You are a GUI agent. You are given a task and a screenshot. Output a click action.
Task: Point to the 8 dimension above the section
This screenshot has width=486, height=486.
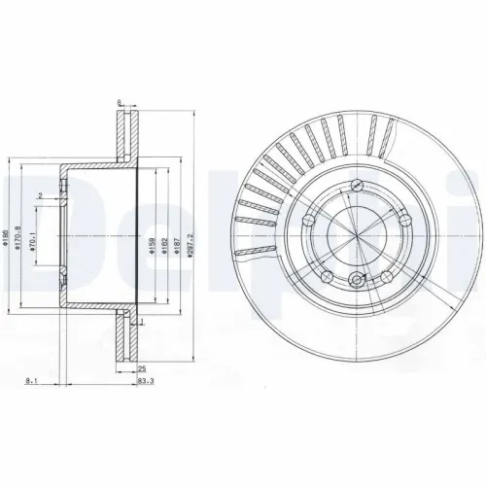[x=118, y=101]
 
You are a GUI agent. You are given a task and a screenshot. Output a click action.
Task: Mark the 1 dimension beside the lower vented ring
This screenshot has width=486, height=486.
[x=141, y=322]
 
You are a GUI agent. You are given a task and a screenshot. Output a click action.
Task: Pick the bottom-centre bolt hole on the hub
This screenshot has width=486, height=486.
[x=357, y=282]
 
